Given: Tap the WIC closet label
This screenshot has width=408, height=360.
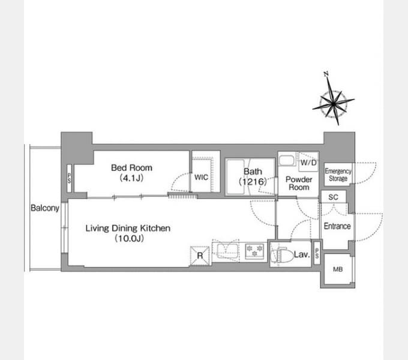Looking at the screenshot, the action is tap(201, 178).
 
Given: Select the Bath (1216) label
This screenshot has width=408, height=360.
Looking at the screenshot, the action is tap(253, 176).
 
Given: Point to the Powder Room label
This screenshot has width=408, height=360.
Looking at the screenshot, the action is tap(299, 183).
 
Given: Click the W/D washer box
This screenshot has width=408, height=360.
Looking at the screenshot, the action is tap(308, 162).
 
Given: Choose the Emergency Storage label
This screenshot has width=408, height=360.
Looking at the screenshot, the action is tap(338, 175).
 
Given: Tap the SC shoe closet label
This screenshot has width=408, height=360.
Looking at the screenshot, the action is tap(333, 197).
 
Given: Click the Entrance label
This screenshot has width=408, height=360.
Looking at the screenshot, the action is tap(337, 226).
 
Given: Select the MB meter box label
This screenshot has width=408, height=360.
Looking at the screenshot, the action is tap(338, 269).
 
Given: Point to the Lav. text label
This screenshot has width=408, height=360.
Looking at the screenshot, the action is tap(302, 254).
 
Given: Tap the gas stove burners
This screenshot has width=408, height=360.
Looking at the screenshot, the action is tap(254, 251).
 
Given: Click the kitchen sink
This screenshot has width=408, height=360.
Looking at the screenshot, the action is tap(227, 251).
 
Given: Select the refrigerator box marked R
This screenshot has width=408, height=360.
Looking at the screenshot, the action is tap(200, 256).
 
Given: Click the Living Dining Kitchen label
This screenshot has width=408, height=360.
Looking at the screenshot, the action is tap(128, 233).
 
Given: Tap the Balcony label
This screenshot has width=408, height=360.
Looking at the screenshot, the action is tap(45, 208).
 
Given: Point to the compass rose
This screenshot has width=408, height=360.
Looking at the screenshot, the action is tap(334, 104).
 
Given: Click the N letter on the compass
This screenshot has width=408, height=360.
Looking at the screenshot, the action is tap(326, 74).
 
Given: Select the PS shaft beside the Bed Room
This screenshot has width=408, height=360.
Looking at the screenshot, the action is tap(69, 178).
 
